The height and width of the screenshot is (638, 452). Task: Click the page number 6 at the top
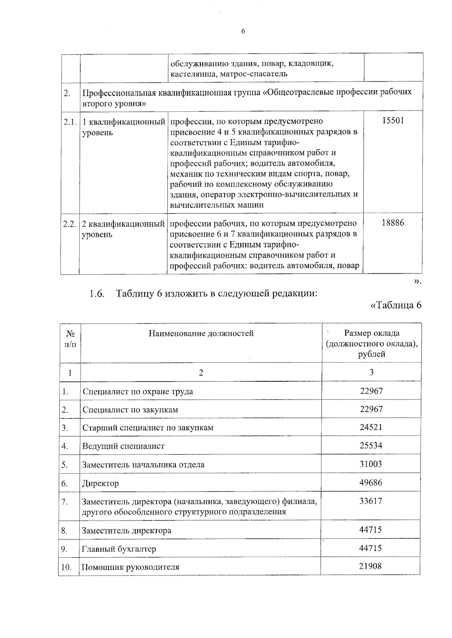coord(243,32)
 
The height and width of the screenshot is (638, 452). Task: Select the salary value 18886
coord(392,223)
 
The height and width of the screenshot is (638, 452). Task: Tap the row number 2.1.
coord(70,122)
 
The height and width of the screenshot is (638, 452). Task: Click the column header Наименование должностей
coord(201,333)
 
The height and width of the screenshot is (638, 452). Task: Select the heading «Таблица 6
coord(396,306)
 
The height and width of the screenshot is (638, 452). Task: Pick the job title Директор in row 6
coord(101,483)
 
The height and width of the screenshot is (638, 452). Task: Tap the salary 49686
coord(371,483)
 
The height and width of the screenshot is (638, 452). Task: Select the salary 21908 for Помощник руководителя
coord(370,566)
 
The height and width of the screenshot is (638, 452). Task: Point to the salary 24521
coord(371,428)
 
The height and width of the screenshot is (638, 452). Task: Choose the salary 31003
coord(371,464)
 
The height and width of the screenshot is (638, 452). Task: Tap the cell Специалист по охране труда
coord(138,391)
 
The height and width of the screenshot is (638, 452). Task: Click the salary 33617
coord(371,501)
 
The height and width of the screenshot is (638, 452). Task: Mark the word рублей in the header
coord(371,354)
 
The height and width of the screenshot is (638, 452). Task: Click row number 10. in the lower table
coord(66,567)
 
